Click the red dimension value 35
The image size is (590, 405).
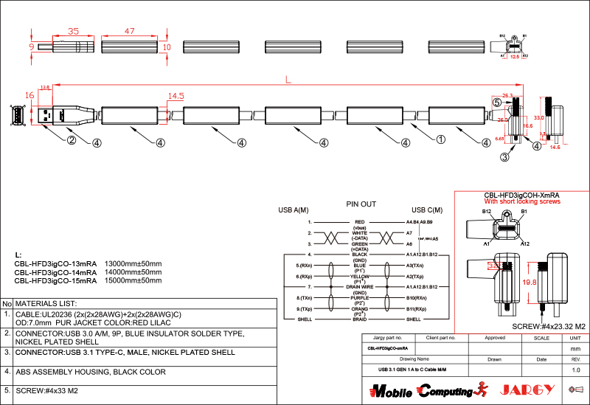(x=73, y=32)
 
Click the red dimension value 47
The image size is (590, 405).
(x=129, y=32)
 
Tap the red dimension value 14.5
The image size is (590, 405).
(x=176, y=96)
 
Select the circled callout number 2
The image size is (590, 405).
(x=72, y=140)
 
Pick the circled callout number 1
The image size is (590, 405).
(x=441, y=138)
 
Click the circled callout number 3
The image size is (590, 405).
(x=504, y=156)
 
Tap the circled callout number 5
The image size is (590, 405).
(x=496, y=103)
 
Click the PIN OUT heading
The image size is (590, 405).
(x=361, y=204)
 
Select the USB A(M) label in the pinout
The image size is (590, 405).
(x=294, y=210)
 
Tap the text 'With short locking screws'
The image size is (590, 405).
(x=521, y=201)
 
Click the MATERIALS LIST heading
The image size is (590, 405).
(x=46, y=303)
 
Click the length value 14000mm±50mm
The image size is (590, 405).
(x=133, y=271)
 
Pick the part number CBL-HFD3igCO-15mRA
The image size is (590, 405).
(x=56, y=280)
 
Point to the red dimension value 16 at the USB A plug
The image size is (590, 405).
(x=29, y=95)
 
